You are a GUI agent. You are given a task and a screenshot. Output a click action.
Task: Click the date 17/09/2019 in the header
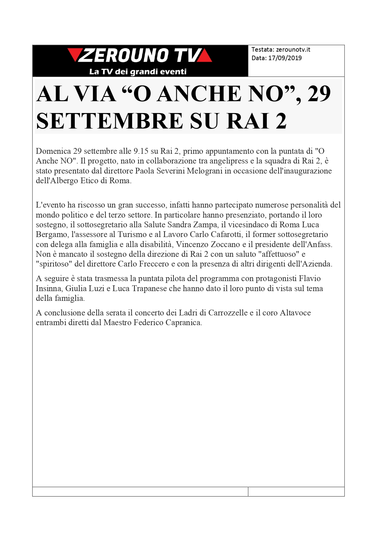coord(285,58)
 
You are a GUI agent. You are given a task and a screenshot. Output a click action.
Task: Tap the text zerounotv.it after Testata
coord(293,50)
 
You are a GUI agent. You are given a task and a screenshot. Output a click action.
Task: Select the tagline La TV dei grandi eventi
coord(138,72)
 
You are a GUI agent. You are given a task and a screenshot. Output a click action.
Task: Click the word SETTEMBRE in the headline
coord(109,121)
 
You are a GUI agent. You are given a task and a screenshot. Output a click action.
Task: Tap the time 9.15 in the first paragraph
coord(141,151)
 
